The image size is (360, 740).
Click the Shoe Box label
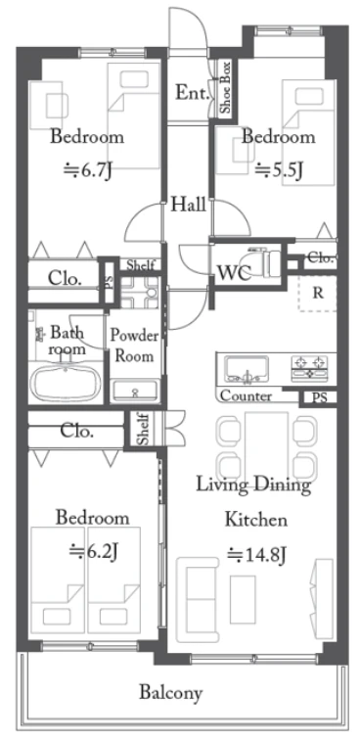pyautogui.click(x=226, y=88)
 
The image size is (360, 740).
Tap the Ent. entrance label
pyautogui.click(x=192, y=93)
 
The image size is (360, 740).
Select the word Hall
pyautogui.click(x=188, y=205)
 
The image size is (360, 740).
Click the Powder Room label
pyautogui.click(x=134, y=346)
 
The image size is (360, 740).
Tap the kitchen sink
pyautogui.click(x=247, y=369)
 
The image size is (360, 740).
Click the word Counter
pyautogui.click(x=246, y=395)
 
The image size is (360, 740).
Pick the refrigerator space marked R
pyautogui.click(x=318, y=293)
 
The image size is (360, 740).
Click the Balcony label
pyautogui.click(x=171, y=693)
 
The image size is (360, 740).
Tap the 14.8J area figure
pyautogui.click(x=257, y=553)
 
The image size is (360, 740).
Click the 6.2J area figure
pyautogui.click(x=93, y=550)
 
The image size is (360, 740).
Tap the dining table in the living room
pyautogui.click(x=267, y=445)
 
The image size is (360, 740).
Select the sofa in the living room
pyautogui.click(x=198, y=599)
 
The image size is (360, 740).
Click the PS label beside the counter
pyautogui.click(x=319, y=397)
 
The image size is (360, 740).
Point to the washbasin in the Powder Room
pyautogui.click(x=135, y=391)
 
